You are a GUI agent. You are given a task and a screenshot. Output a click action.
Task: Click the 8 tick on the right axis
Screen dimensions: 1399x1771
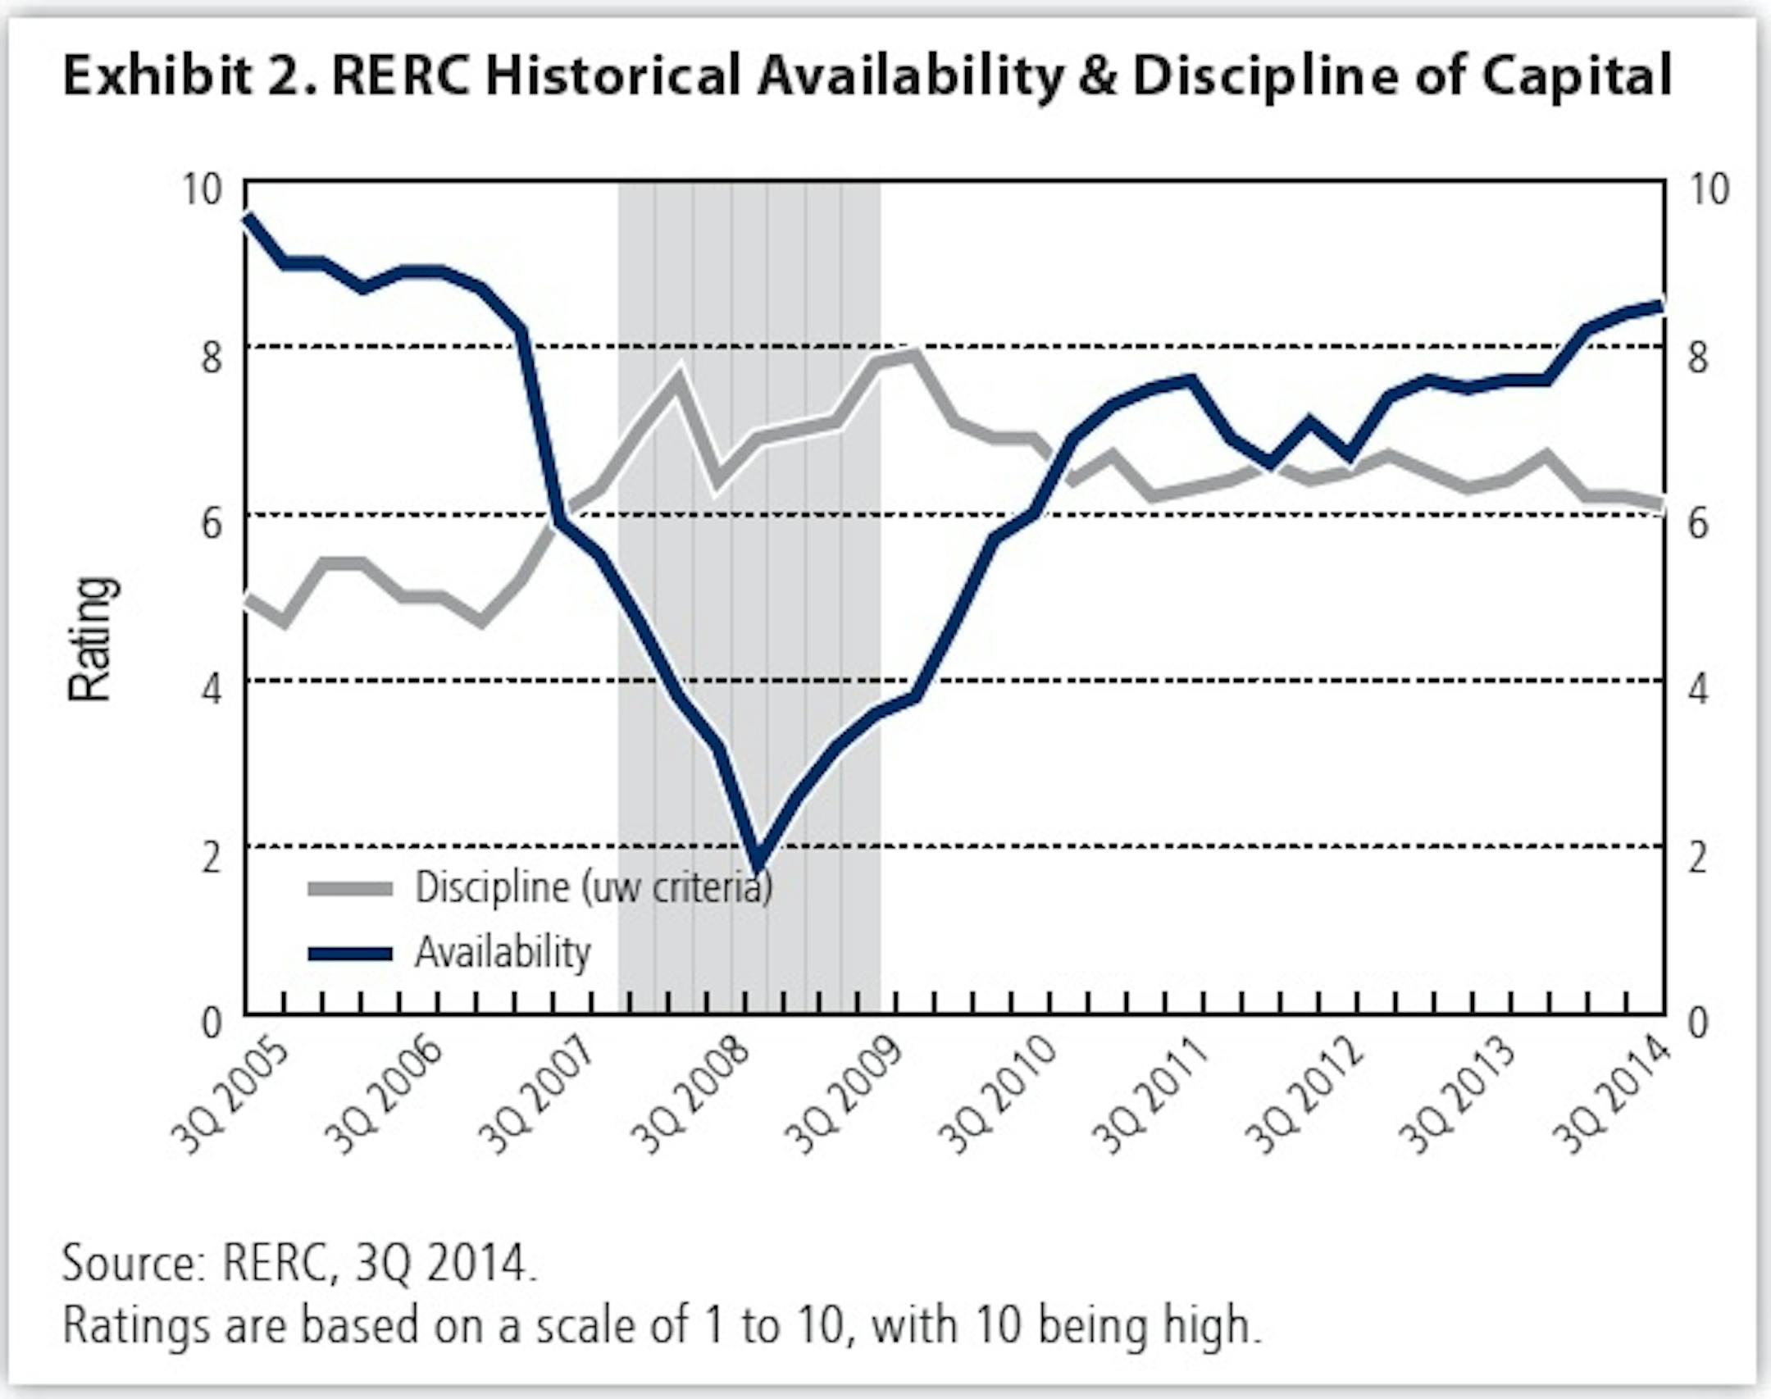pyautogui.click(x=1697, y=358)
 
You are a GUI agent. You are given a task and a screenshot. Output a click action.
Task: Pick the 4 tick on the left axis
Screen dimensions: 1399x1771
pyautogui.click(x=212, y=690)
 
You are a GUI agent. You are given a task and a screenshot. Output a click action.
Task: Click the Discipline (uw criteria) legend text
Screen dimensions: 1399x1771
pyautogui.click(x=593, y=887)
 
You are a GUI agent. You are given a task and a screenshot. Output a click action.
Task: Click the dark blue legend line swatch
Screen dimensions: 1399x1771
pyautogui.click(x=350, y=954)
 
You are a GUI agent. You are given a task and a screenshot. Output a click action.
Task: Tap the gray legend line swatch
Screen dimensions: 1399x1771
pyautogui.click(x=350, y=889)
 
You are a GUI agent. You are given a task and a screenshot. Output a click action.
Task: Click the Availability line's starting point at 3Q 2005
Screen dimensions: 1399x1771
pyautogui.click(x=248, y=216)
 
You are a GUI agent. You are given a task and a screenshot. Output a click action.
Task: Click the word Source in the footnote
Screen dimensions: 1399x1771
pyautogui.click(x=131, y=1264)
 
